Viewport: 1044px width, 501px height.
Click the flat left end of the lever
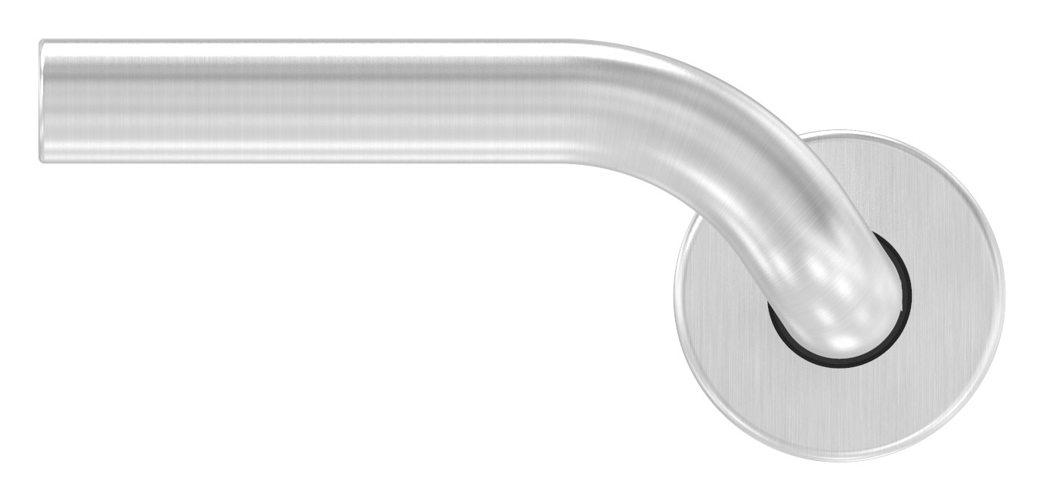(x=42, y=101)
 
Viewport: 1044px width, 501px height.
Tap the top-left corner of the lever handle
(x=42, y=42)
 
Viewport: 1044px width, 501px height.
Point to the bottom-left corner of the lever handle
(x=42, y=159)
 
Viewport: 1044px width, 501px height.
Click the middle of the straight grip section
(x=302, y=101)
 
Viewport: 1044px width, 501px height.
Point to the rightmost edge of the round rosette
(x=1004, y=295)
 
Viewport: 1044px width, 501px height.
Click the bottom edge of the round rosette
(x=839, y=460)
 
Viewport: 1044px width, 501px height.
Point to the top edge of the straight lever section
(x=302, y=41)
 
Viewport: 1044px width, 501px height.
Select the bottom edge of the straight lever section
(x=302, y=161)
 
